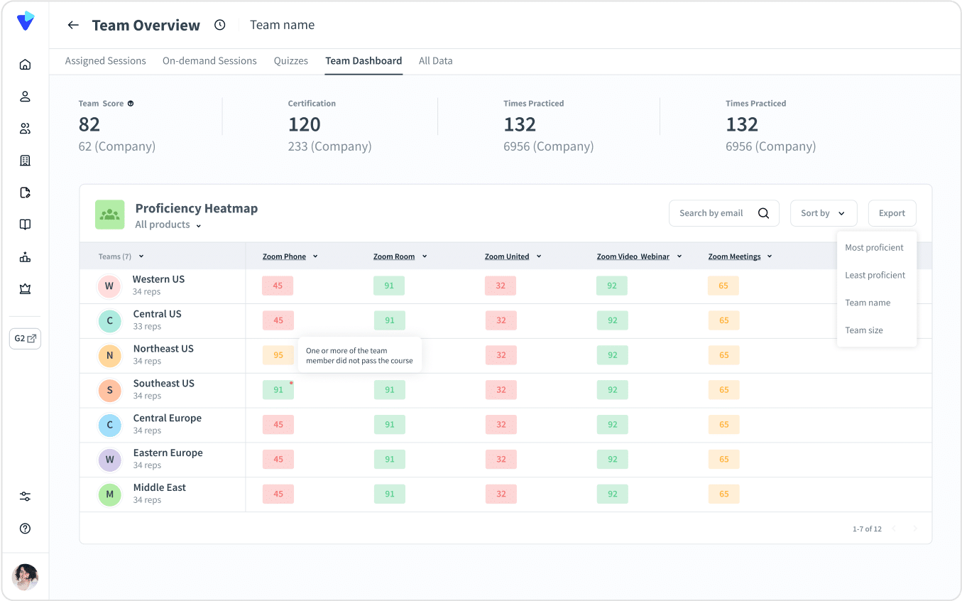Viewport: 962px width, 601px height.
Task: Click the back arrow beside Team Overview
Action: pos(73,25)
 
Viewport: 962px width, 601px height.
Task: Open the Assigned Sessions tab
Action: pos(105,60)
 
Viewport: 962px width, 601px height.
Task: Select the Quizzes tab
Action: pos(291,60)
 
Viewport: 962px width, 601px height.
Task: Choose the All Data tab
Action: pos(435,60)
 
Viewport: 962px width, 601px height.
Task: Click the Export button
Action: pos(892,213)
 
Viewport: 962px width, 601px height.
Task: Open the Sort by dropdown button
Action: pos(824,213)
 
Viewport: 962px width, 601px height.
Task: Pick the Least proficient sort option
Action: pos(875,275)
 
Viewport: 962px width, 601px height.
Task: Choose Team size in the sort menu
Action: pos(863,330)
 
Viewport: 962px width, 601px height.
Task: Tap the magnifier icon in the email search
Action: pos(763,213)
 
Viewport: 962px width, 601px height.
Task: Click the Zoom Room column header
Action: pos(394,256)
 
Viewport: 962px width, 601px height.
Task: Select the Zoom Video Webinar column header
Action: pos(633,256)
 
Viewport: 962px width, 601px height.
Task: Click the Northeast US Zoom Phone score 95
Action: pos(278,354)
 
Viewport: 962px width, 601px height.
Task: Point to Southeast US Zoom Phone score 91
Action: pos(278,389)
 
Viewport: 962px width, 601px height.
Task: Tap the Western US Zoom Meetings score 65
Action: pos(723,286)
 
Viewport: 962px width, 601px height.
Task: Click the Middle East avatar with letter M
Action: pos(110,494)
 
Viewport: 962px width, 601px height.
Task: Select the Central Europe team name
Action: pos(167,418)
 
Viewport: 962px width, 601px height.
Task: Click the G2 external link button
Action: pos(25,339)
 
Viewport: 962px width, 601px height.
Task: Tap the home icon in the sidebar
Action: pos(25,65)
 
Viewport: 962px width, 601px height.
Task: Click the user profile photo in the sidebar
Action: pos(25,577)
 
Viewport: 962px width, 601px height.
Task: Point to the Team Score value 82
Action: pos(89,124)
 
